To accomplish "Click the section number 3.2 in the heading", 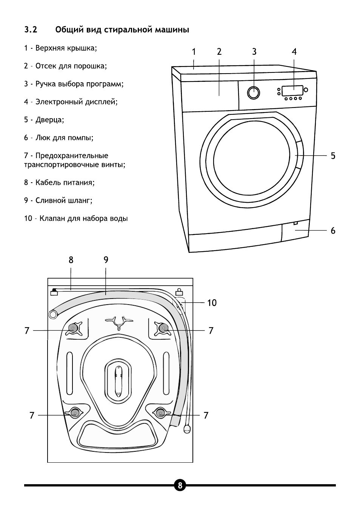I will tap(31, 29).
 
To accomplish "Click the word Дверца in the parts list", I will tap(49, 120).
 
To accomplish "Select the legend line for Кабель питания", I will tap(59, 183).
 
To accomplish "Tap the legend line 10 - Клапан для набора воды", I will tap(76, 219).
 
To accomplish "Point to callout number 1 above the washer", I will tap(194, 52).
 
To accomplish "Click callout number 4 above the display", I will tap(294, 52).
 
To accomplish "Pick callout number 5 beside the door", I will tap(333, 155).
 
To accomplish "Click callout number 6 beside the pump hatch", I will tap(333, 230).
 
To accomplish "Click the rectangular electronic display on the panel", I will tap(292, 91).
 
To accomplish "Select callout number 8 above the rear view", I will tap(71, 260).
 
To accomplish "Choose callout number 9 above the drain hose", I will tap(106, 260).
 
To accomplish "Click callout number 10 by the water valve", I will tap(212, 303).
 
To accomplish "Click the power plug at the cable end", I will tap(187, 429).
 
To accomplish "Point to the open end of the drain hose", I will tap(54, 314).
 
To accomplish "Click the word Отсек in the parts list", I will tap(46, 66).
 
